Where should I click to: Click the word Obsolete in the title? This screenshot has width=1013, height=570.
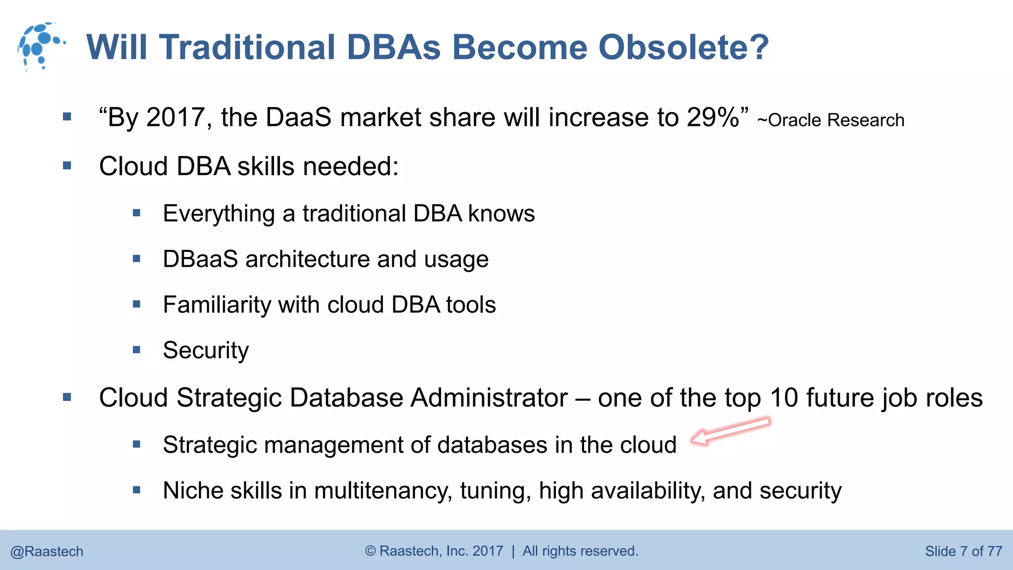tap(684, 47)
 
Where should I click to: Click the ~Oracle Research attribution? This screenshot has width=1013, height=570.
tap(830, 120)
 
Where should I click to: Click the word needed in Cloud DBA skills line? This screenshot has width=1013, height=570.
tap(351, 166)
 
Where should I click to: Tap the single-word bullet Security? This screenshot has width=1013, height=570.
tap(206, 351)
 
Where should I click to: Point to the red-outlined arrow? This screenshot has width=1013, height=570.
tap(730, 430)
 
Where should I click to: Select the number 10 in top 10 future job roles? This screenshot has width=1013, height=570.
tap(784, 398)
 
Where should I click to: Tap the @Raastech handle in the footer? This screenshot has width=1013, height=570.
tap(47, 551)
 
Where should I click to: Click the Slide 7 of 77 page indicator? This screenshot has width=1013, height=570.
tap(964, 551)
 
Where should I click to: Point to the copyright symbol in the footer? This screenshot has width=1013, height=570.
tap(370, 551)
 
